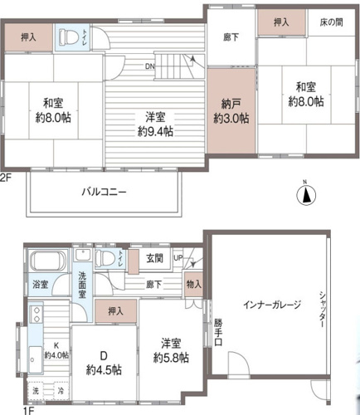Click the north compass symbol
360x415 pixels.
307,195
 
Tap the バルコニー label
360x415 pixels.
104,191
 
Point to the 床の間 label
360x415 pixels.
327,23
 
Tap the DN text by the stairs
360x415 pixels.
150,66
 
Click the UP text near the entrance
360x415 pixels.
178,258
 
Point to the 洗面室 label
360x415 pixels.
83,284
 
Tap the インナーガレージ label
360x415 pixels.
270,303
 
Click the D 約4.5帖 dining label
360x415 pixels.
105,363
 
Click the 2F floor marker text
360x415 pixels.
6,177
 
